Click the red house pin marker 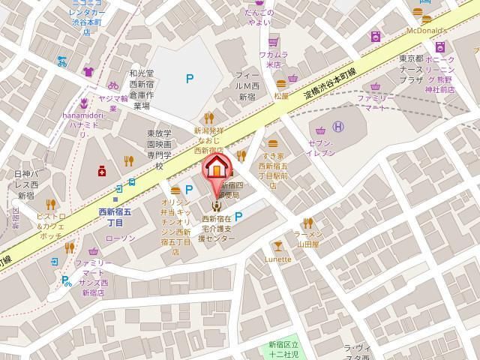click(x=216, y=167)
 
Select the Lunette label click(x=278, y=259)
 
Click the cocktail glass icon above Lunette click(x=278, y=245)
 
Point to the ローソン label click(x=120, y=238)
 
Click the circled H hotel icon click(x=338, y=127)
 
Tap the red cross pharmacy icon click(x=101, y=172)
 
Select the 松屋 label click(x=281, y=96)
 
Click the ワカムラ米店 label click(x=273, y=59)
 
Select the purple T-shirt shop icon click(x=88, y=72)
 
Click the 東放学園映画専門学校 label click(x=159, y=149)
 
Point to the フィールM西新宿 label click(x=247, y=86)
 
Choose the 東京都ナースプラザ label click(x=412, y=69)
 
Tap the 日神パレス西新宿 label click(x=24, y=184)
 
